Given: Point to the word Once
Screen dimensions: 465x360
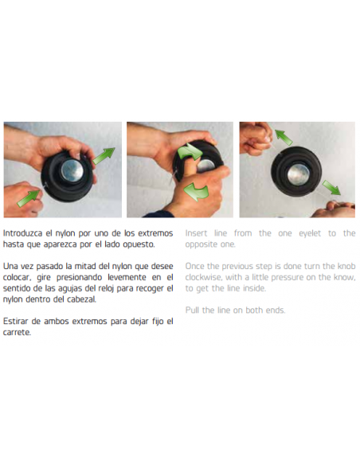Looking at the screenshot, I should [196, 265].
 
